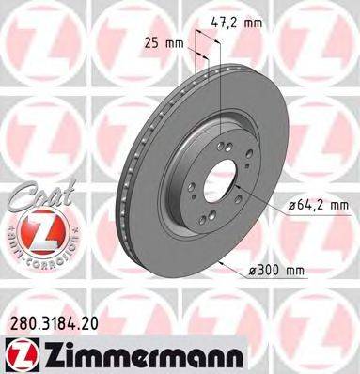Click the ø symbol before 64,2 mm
(284, 204)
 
